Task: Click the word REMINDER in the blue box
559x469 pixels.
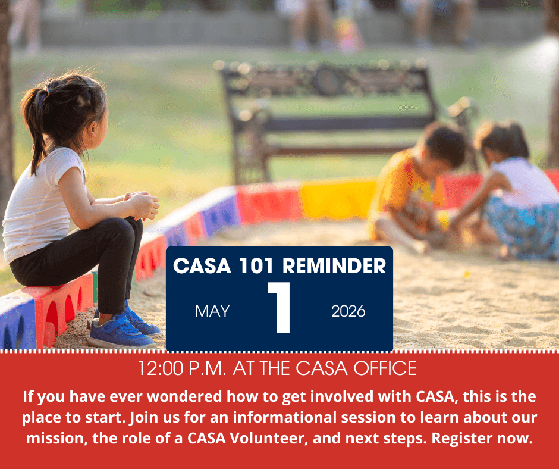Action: [x=334, y=265]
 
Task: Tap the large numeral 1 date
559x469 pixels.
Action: [x=281, y=307]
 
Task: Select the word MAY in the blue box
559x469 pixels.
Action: [x=212, y=311]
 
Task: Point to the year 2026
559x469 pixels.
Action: [x=348, y=311]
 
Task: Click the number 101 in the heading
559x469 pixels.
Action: [x=256, y=265]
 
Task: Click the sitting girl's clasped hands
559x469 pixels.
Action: [x=143, y=205]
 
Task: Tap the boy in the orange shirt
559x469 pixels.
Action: [x=413, y=187]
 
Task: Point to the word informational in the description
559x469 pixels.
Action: [x=285, y=417]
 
